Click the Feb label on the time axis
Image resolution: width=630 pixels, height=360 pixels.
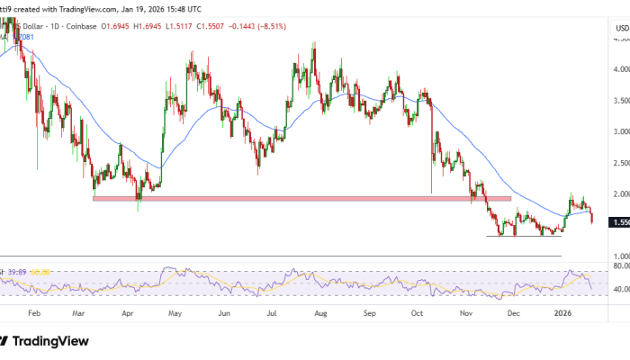coord(34,313)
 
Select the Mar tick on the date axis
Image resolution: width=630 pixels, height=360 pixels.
coord(80,313)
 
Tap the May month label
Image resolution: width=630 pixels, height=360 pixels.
coord(175,313)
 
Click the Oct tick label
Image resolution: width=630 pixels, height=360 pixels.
coord(417,313)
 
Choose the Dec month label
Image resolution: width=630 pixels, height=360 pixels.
coord(514,313)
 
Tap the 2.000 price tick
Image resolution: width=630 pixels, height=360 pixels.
coord(620,193)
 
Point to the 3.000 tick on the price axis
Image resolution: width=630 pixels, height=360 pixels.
coord(620,131)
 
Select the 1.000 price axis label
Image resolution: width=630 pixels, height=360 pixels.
coord(620,256)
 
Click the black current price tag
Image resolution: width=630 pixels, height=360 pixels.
coord(620,221)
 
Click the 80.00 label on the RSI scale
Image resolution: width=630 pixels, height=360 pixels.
coord(620,266)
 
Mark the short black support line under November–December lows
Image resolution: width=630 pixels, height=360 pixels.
coord(524,236)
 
